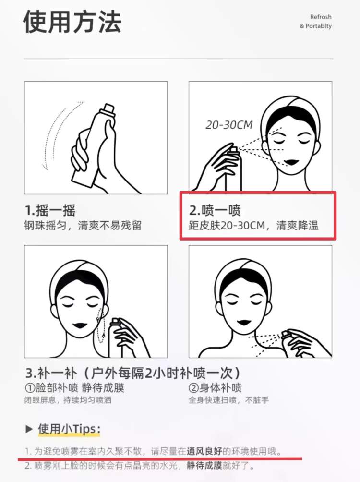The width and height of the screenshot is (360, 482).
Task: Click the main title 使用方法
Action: point(72,22)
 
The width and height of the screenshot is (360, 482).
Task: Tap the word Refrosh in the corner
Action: point(321,17)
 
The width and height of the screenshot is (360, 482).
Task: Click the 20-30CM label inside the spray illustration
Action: point(229,125)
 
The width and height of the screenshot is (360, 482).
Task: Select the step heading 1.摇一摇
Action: point(50,211)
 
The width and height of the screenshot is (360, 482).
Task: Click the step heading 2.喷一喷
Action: point(215,211)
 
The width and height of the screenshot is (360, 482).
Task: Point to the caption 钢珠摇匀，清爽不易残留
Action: point(83,226)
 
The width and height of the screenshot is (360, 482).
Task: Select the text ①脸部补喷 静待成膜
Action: point(74,387)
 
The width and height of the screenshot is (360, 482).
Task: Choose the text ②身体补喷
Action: point(215,387)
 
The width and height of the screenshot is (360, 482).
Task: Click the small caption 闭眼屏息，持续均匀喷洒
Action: point(68,400)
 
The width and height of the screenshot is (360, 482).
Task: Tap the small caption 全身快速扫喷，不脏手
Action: point(229,400)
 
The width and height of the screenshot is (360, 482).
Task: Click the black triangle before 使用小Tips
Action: point(29,429)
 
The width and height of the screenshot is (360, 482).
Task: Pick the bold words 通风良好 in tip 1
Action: point(204,451)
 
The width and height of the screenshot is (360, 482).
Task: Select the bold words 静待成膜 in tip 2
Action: point(204,465)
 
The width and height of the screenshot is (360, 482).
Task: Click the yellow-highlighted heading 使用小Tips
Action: point(69,429)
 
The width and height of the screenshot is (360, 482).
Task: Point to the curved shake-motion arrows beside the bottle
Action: point(54,135)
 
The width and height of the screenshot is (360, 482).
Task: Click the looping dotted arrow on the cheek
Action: point(100,326)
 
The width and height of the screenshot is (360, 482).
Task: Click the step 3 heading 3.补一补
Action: point(51,373)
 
